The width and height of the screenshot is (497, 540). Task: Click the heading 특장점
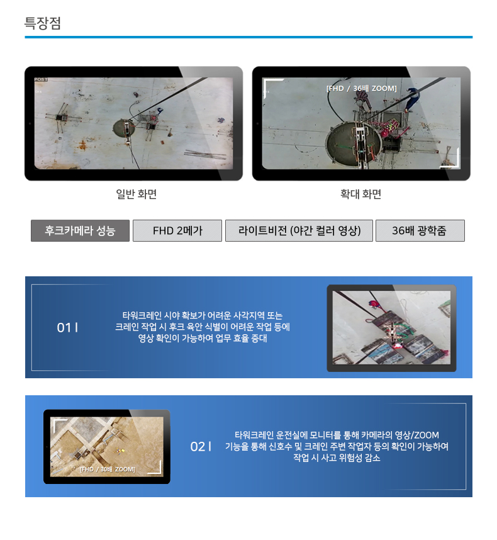pos(43,23)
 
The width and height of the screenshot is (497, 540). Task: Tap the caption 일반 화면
pos(137,194)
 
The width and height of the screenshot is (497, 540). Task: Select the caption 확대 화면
pos(360,194)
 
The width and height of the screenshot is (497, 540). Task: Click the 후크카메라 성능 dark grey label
pos(80,230)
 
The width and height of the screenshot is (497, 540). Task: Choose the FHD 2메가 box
pos(177,230)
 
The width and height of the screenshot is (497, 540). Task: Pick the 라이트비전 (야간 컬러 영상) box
pos(299,230)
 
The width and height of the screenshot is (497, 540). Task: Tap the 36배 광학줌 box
pos(420,230)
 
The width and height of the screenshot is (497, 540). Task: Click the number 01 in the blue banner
pos(64,327)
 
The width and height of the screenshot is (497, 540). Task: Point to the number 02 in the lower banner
pos(198,447)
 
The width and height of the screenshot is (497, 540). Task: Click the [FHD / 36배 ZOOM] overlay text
pos(361,89)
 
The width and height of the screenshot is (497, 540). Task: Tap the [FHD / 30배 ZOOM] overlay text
pos(108,470)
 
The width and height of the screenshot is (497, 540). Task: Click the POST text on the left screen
pos(41,79)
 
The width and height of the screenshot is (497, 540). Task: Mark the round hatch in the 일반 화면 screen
pos(124,128)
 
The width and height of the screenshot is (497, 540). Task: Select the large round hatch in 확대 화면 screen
pos(354,142)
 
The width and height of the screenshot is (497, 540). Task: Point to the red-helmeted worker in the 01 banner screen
pos(374,305)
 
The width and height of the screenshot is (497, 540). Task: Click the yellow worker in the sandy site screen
pos(120,450)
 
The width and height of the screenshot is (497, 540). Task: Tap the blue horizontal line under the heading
pos(248,37)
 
